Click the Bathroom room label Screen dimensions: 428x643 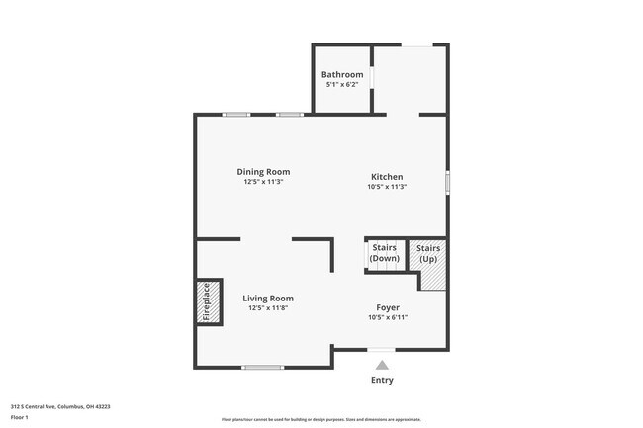pyautogui.click(x=342, y=74)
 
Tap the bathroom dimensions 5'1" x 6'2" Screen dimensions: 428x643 pyautogui.click(x=342, y=85)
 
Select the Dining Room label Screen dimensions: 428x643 pyautogui.click(x=263, y=172)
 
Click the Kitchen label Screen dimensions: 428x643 pyautogui.click(x=387, y=177)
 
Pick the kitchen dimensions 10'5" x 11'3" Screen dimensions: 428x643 pyautogui.click(x=387, y=187)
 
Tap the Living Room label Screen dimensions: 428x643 pyautogui.click(x=268, y=298)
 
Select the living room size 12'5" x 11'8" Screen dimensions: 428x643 pyautogui.click(x=268, y=308)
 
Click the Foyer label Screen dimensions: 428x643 pyautogui.click(x=387, y=307)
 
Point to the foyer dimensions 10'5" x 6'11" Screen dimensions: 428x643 pyautogui.click(x=387, y=318)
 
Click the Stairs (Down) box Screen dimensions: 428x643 pyautogui.click(x=384, y=254)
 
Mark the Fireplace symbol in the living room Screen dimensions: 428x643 pyautogui.click(x=207, y=302)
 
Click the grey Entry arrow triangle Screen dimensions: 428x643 pyautogui.click(x=382, y=365)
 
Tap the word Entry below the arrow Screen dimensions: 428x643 pyautogui.click(x=382, y=381)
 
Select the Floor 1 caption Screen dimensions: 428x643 pyautogui.click(x=21, y=416)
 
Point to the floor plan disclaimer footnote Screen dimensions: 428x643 pyautogui.click(x=321, y=420)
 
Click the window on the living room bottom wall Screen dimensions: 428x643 pyautogui.click(x=262, y=368)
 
